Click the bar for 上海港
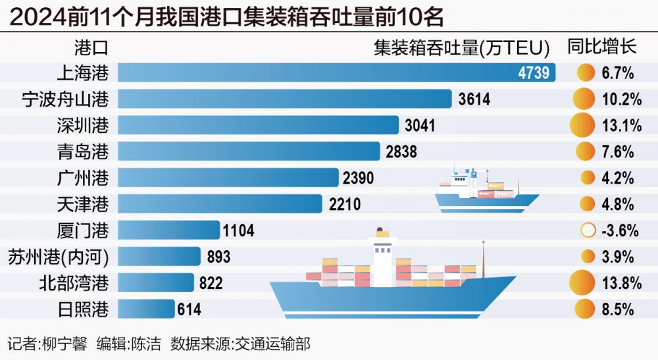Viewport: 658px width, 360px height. (336, 72)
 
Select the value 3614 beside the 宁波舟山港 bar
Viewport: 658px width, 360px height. (474, 99)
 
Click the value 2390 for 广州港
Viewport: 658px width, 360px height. (359, 178)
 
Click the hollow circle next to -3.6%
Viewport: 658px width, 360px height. (588, 230)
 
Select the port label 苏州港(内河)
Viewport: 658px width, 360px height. (57, 257)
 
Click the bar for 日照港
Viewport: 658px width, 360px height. (146, 309)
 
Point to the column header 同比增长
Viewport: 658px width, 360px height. (601, 47)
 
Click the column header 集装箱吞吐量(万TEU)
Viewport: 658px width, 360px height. (461, 47)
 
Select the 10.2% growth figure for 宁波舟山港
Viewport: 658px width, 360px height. (621, 99)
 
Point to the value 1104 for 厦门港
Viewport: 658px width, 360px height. (238, 230)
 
